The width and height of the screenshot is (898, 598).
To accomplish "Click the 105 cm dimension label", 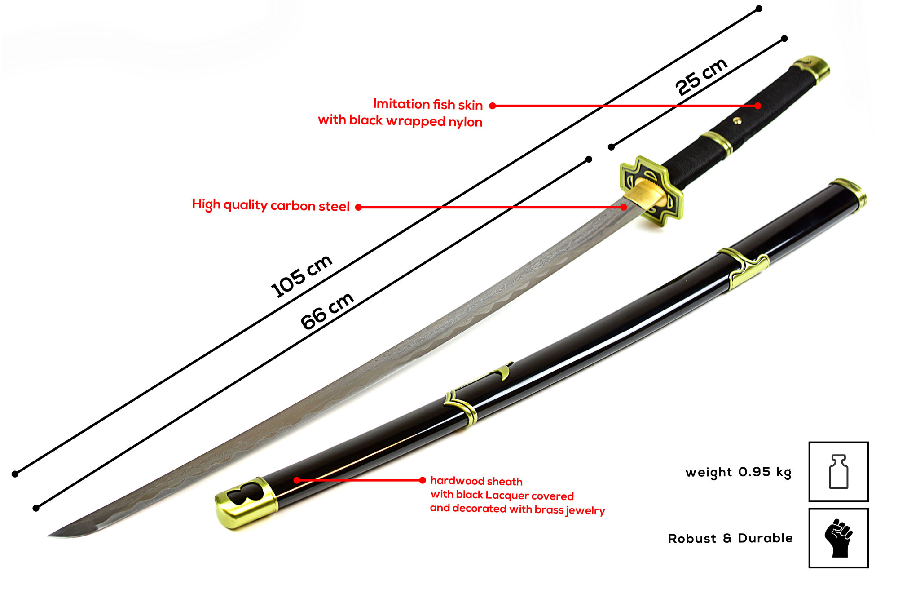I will coord(301,276).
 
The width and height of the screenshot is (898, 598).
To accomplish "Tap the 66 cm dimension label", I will coord(327,311).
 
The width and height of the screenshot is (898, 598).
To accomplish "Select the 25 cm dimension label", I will coord(701,76).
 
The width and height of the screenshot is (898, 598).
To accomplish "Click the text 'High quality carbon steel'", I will coord(270,205).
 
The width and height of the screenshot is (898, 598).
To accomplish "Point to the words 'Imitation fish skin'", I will coord(427,104).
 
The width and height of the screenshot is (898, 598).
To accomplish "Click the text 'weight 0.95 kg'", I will coord(738,472).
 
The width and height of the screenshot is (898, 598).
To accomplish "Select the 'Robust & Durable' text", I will coord(730,538).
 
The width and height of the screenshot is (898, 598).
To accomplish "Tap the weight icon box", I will coord(838,472).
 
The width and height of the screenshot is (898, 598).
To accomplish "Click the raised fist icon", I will coord(838,538).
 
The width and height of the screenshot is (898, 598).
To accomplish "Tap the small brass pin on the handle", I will coord(736,120).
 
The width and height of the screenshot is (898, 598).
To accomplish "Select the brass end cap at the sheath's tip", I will coord(245,503).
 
